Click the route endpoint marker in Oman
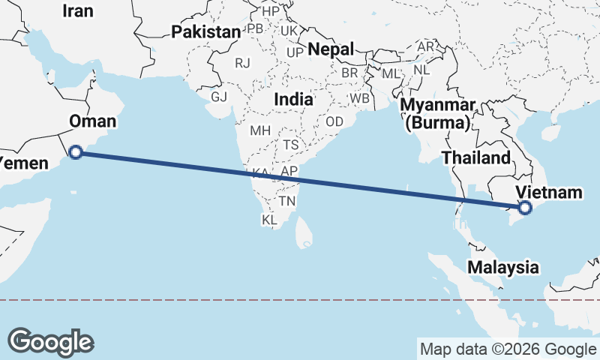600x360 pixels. (x=75, y=153)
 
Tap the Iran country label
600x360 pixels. (x=79, y=10)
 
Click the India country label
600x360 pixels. (x=293, y=99)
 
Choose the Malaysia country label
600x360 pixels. (x=503, y=267)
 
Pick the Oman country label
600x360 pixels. (x=92, y=121)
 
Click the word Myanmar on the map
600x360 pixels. (x=438, y=105)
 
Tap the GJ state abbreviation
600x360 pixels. (x=218, y=97)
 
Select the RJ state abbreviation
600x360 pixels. (x=242, y=64)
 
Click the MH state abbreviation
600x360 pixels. (x=260, y=130)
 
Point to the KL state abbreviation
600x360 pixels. (x=270, y=220)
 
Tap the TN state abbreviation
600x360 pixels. (x=287, y=202)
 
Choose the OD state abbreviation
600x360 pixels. (x=334, y=121)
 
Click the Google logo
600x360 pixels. (x=50, y=342)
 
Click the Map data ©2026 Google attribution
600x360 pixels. (x=508, y=349)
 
